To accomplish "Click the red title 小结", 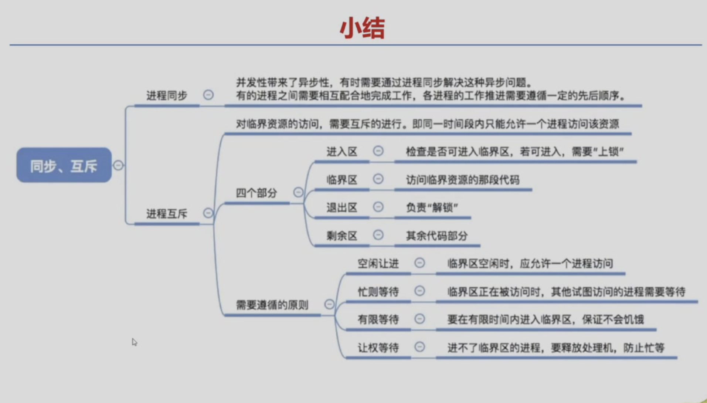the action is [x=362, y=28].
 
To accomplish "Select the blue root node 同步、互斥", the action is [x=64, y=165].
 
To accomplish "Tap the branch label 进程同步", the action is [x=167, y=95].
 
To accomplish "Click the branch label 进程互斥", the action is [x=167, y=213].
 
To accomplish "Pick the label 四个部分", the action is [x=256, y=193].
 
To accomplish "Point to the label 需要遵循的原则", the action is [x=272, y=305].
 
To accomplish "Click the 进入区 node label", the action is [x=342, y=151].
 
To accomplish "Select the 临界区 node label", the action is [x=342, y=180].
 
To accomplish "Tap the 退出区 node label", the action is [x=342, y=207].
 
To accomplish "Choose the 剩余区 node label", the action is [x=342, y=236].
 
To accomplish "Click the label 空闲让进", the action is [x=378, y=263].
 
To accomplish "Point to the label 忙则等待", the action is [x=378, y=292].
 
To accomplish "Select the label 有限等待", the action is [x=378, y=319].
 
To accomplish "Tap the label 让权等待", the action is [x=378, y=348].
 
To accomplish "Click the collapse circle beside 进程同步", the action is [x=208, y=95].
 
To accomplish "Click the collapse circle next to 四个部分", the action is [x=298, y=192].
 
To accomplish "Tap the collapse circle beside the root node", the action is [x=118, y=165].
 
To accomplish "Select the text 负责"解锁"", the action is [x=432, y=207].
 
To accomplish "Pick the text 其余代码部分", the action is [x=437, y=236].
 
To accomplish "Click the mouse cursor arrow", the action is [x=135, y=342].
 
